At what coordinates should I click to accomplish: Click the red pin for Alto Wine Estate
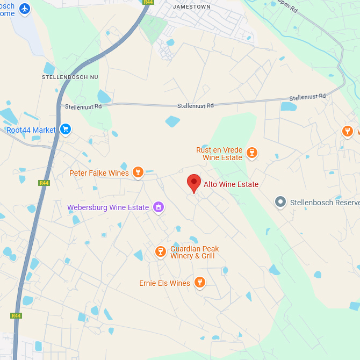(x=194, y=183)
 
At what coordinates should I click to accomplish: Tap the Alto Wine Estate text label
(x=231, y=184)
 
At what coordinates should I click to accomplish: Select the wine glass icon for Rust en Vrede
(x=251, y=154)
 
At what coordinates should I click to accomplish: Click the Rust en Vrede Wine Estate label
(x=219, y=154)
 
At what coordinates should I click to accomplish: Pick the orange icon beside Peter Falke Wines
(x=138, y=172)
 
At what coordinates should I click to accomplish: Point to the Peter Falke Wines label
(x=99, y=173)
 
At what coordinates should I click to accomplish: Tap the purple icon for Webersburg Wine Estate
(x=158, y=207)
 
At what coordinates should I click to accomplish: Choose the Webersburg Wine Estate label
(x=108, y=207)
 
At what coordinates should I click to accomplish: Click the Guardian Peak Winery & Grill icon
(x=160, y=251)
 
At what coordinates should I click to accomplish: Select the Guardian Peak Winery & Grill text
(x=195, y=252)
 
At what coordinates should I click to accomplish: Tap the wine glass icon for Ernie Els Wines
(x=199, y=282)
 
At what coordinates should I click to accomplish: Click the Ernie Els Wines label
(x=164, y=283)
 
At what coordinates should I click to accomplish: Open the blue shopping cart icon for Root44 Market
(x=66, y=129)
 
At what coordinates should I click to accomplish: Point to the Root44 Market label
(x=31, y=130)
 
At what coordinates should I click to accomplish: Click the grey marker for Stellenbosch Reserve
(x=280, y=202)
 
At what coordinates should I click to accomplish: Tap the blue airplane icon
(x=25, y=9)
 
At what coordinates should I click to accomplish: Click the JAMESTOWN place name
(x=192, y=7)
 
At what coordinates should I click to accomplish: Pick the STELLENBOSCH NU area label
(x=70, y=77)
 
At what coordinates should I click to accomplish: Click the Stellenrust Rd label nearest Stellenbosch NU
(x=83, y=107)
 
